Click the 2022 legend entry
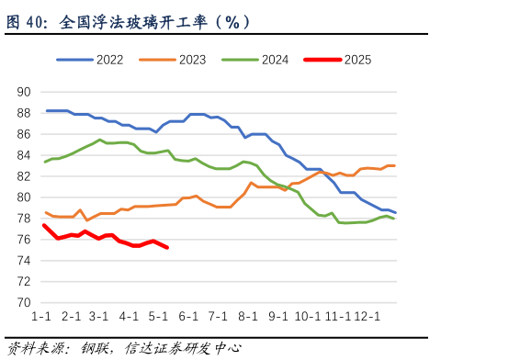coord(89,60)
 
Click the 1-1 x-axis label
coord(41,317)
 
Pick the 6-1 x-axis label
coord(189,317)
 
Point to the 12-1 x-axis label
coord(367,317)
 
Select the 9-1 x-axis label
coord(278,317)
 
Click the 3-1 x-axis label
coord(100,317)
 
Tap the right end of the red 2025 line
coord(167,247)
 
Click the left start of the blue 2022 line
coord(46,110)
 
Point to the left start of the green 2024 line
coord(44,162)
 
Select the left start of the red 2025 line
coord(43,225)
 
